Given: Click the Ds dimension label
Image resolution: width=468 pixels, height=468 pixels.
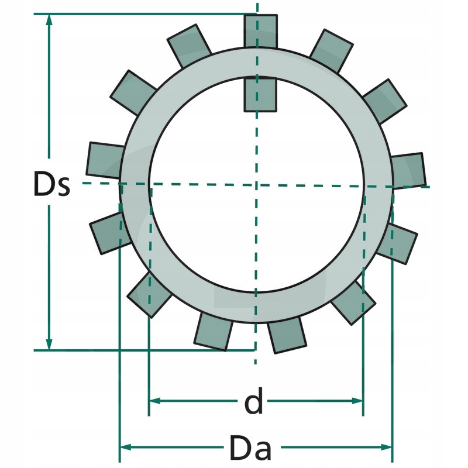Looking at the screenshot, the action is pos(51,185).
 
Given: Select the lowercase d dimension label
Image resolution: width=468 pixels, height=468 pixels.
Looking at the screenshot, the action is pos(253,402).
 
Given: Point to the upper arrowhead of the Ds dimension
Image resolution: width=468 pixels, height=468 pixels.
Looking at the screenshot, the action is pos(50,19).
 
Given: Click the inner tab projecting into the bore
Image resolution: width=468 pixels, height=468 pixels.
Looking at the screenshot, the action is pos(260,94).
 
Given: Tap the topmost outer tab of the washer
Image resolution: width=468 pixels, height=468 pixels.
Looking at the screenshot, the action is pos(260,30).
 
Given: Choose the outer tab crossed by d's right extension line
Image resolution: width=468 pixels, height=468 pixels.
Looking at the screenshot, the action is pos(353,302).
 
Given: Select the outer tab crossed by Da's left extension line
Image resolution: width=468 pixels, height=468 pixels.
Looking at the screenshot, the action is pos(109,232).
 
